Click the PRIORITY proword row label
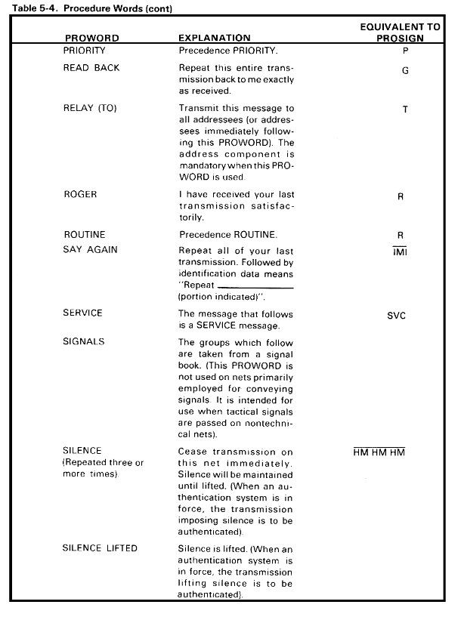pyautogui.click(x=85, y=52)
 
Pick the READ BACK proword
pyautogui.click(x=91, y=67)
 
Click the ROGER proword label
pyautogui.click(x=82, y=195)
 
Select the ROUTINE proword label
pyautogui.click(x=85, y=235)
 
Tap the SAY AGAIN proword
pyautogui.click(x=91, y=250)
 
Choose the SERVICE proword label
pyautogui.click(x=83, y=313)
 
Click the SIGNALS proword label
pyautogui.click(x=84, y=341)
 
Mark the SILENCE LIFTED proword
pyautogui.click(x=100, y=548)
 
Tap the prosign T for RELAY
pyautogui.click(x=405, y=110)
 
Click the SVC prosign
pyautogui.click(x=396, y=316)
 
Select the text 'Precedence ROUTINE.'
pyautogui.click(x=221, y=235)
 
